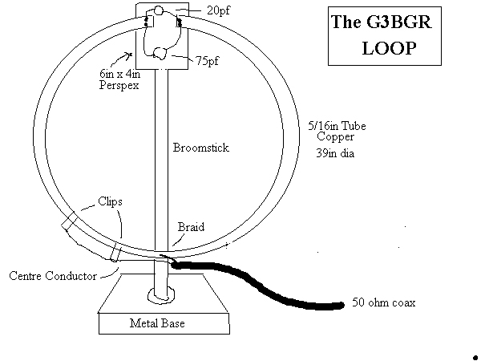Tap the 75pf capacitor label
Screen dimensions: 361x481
[207, 60]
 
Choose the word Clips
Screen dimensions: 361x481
[110, 202]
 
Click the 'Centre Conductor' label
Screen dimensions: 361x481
[53, 276]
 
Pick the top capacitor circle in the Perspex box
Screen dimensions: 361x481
[159, 11]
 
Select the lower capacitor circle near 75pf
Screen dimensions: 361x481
[160, 54]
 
